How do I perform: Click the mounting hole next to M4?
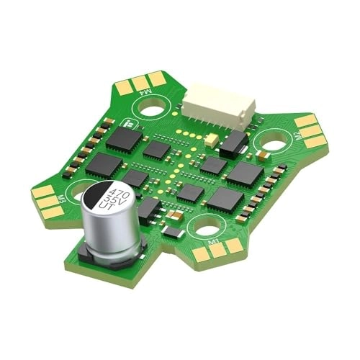[153, 109]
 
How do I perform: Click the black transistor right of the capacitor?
[148, 209]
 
